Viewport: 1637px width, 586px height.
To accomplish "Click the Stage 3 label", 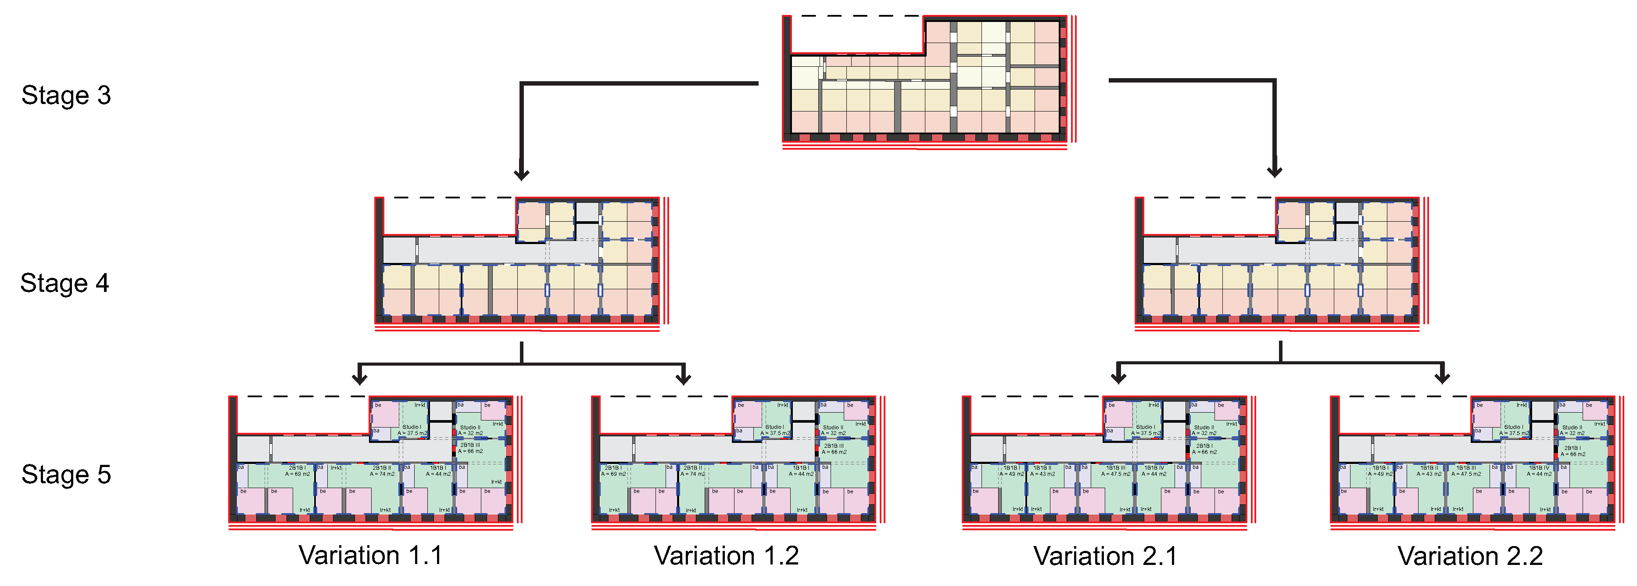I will coord(66,95).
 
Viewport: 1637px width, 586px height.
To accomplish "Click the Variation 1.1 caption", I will coord(370,555).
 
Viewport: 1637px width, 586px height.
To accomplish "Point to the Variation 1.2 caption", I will coord(726,555).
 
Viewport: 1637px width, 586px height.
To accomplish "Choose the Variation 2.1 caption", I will coord(1105,556).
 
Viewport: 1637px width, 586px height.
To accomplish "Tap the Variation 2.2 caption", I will coord(1470,556).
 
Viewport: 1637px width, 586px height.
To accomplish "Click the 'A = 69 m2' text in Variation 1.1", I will coord(297,474).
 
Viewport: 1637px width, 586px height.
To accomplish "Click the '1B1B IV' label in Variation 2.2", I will coord(1539,468).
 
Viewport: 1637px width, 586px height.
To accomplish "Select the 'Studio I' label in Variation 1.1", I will coord(411,427).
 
